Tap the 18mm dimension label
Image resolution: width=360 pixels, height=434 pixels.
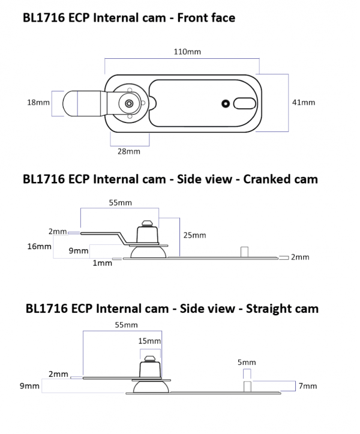38,103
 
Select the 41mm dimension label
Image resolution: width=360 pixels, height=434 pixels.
303,103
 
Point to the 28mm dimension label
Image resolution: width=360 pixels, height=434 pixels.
128,152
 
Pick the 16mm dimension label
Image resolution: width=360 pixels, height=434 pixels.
39,246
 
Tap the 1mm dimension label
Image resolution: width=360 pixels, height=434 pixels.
102,263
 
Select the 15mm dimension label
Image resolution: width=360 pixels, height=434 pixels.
149,341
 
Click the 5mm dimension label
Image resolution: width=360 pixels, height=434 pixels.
247,362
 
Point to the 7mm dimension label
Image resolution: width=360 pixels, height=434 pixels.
308,386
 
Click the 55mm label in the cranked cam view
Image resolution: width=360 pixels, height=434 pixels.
120,203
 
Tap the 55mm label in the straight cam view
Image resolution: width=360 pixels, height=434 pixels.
126,325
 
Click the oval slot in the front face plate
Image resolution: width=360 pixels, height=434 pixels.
245,103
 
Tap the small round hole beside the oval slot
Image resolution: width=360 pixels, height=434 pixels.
226,103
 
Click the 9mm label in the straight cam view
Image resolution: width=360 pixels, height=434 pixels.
30,386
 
